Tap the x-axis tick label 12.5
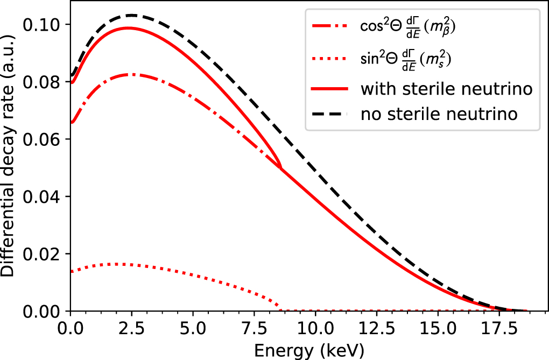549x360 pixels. click(376, 328)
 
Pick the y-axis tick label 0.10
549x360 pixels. click(46, 25)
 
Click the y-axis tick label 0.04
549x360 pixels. click(46, 197)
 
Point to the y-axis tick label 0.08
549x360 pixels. click(46, 82)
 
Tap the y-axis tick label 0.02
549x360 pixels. click(46, 254)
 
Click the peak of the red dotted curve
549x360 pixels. click(116, 264)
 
